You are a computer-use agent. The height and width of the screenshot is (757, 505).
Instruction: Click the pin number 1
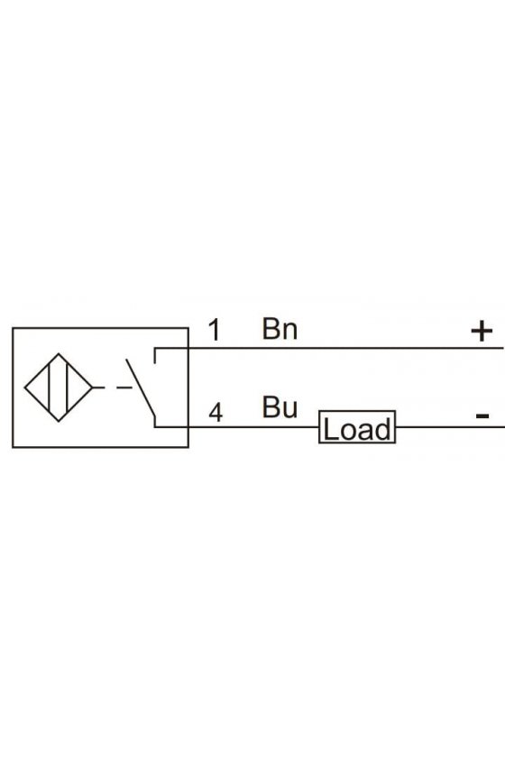pyautogui.click(x=215, y=330)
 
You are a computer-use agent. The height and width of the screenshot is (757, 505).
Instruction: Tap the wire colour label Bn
pyautogui.click(x=280, y=329)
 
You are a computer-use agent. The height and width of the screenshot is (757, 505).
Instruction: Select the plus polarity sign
pyautogui.click(x=482, y=332)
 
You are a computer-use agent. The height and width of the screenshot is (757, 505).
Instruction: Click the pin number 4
pyautogui.click(x=216, y=413)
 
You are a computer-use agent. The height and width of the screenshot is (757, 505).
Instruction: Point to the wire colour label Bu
pyautogui.click(x=280, y=407)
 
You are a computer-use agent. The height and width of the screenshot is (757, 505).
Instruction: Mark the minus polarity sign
pyautogui.click(x=482, y=415)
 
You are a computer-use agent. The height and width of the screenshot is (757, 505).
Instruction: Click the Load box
pyautogui.click(x=357, y=427)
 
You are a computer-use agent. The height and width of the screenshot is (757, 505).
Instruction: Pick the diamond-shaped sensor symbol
pyautogui.click(x=59, y=388)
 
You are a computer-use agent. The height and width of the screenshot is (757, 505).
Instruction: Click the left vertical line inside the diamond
pyautogui.click(x=50, y=388)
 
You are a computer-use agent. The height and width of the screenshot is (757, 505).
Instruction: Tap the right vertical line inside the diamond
pyautogui.click(x=68, y=388)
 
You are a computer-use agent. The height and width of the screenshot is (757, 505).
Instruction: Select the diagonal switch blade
pyautogui.click(x=141, y=388)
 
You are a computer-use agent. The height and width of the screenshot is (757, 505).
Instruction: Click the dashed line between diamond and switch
pyautogui.click(x=112, y=388)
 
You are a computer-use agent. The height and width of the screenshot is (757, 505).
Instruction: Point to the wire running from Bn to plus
pyautogui.click(x=329, y=348)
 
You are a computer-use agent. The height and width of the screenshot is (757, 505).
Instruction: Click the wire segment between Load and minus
pyautogui.click(x=450, y=427)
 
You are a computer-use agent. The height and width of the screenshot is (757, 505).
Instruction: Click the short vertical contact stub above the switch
pyautogui.click(x=154, y=355)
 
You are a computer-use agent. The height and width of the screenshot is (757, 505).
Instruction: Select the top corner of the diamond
pyautogui.click(x=59, y=353)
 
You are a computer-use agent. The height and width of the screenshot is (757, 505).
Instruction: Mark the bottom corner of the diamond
pyautogui.click(x=59, y=422)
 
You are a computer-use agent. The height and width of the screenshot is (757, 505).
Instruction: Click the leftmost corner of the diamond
pyautogui.click(x=24, y=388)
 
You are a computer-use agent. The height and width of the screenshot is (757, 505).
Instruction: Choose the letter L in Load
pyautogui.click(x=329, y=429)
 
